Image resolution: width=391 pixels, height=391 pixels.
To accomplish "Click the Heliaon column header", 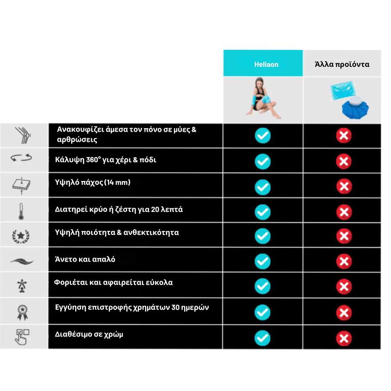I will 266,64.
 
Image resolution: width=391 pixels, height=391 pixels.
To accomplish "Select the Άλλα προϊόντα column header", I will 342,64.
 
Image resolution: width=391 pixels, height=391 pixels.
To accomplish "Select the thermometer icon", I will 22,210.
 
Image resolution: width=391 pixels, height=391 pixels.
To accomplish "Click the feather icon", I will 22,261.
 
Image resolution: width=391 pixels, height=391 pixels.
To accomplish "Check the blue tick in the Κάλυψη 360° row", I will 263,161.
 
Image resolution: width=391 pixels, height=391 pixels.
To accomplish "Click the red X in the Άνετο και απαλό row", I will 344,262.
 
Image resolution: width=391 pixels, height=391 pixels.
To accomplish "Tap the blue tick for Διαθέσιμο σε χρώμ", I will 263,338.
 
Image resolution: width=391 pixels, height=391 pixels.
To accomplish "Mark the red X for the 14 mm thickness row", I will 344,186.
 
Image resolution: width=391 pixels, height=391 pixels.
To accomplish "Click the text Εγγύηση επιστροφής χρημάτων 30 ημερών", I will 132,307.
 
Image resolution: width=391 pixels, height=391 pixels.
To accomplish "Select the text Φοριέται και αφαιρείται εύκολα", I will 113,282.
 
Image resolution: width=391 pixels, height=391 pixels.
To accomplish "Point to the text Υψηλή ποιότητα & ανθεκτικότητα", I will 117,233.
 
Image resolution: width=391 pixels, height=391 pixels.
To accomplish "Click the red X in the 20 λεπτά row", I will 344,212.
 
